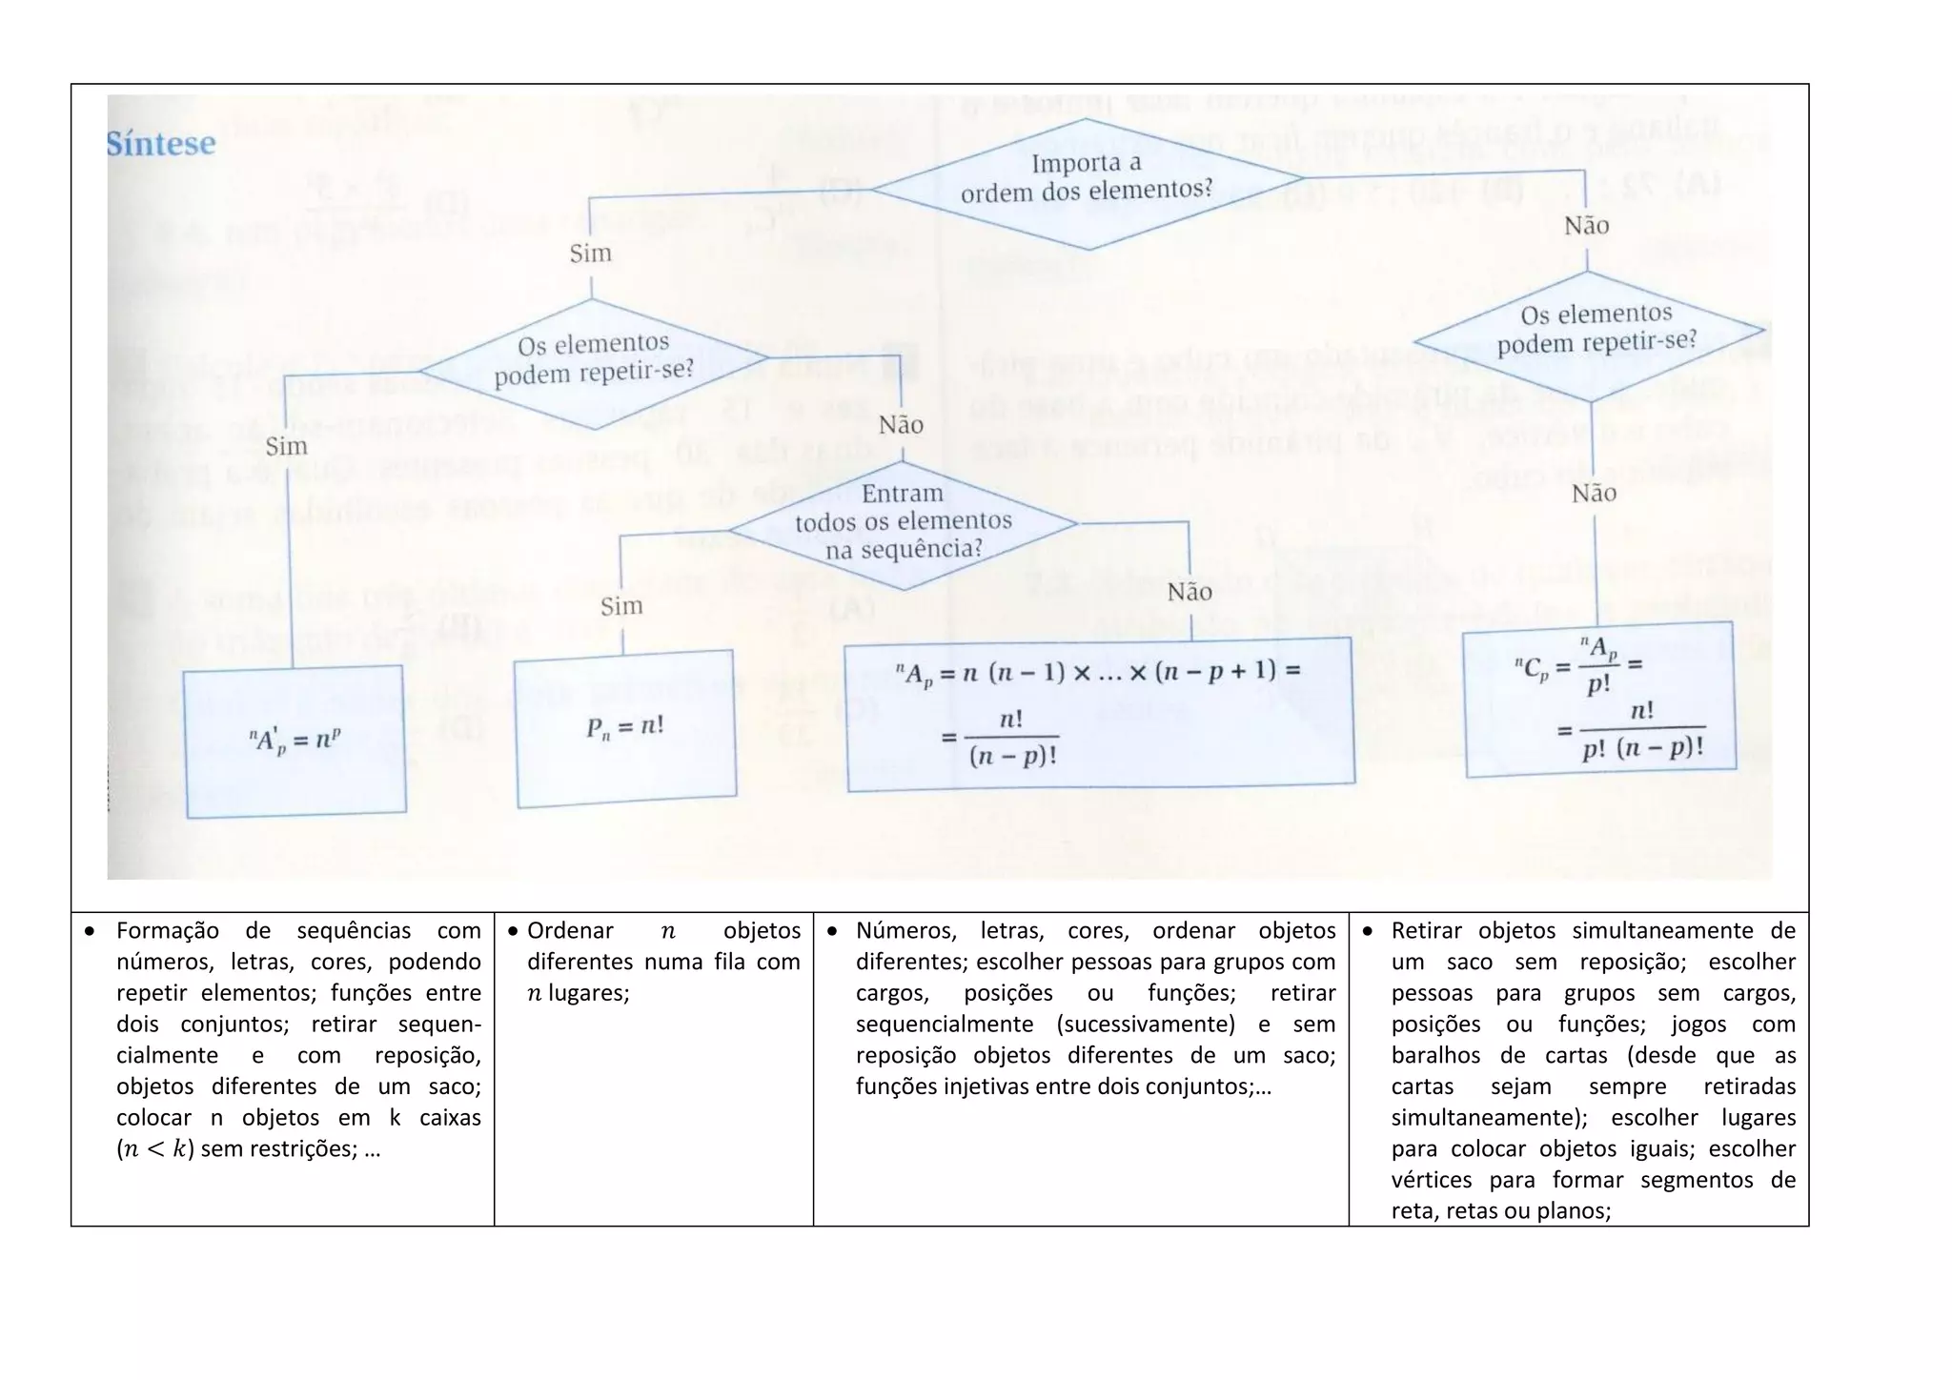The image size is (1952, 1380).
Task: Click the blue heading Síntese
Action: click(x=160, y=144)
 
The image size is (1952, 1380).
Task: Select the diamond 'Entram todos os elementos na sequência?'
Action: click(x=903, y=522)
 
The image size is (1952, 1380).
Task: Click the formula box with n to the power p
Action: click(x=295, y=741)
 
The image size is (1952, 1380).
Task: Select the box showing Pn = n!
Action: click(x=625, y=728)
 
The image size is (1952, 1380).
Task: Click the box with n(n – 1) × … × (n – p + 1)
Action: click(x=1099, y=713)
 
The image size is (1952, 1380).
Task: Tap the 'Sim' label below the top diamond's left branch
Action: click(x=590, y=254)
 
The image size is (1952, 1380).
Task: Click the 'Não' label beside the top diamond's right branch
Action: click(x=1586, y=226)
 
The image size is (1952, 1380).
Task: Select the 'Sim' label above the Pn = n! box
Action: click(x=621, y=606)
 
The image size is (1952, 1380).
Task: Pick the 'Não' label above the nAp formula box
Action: click(x=1189, y=593)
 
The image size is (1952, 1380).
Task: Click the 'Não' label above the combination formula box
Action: click(x=1594, y=494)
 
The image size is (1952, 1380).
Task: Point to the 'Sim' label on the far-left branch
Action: click(x=286, y=447)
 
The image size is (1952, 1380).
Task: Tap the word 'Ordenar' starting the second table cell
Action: click(x=570, y=931)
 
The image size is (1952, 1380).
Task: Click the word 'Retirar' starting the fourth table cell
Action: click(x=1426, y=931)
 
